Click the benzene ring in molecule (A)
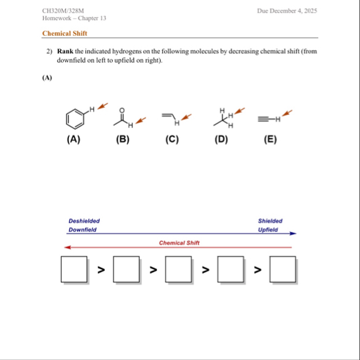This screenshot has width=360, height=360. pyautogui.click(x=66, y=119)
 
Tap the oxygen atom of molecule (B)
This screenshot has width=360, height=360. pyautogui.click(x=122, y=110)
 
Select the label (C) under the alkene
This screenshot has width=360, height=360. pyautogui.click(x=172, y=139)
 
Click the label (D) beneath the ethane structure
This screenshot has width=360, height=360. pyautogui.click(x=221, y=139)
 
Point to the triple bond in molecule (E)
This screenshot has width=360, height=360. pyautogui.click(x=263, y=119)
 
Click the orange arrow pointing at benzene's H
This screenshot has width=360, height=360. pyautogui.click(x=103, y=106)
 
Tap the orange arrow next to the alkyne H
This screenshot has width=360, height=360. pyautogui.click(x=287, y=113)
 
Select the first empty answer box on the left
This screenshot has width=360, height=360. pyautogui.click(x=74, y=269)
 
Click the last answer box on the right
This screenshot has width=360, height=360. pyautogui.click(x=283, y=269)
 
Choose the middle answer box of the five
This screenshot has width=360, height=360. pyautogui.click(x=178, y=269)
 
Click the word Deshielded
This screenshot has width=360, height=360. pyautogui.click(x=84, y=221)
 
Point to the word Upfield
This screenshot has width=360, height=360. pyautogui.click(x=268, y=230)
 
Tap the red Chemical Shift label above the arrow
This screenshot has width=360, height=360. pyautogui.click(x=179, y=243)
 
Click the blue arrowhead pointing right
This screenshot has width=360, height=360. pyautogui.click(x=293, y=233)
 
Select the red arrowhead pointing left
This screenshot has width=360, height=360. pyautogui.click(x=68, y=247)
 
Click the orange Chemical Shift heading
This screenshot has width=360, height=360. pyautogui.click(x=65, y=33)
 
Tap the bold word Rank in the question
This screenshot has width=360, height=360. pyautogui.click(x=65, y=51)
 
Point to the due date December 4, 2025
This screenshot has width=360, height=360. pyautogui.click(x=293, y=11)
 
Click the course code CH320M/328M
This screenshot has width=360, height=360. pyautogui.click(x=63, y=11)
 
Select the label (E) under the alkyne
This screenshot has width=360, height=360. pyautogui.click(x=270, y=139)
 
